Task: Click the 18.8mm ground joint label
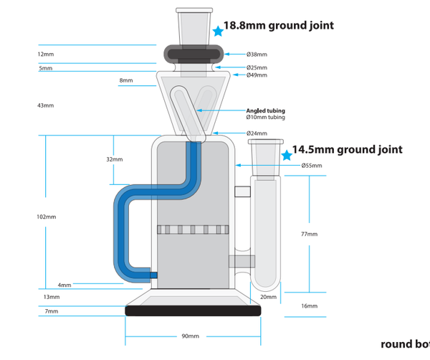278,26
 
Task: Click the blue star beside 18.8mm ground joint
218,31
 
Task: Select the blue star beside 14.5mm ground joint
287,155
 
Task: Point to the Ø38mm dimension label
257,55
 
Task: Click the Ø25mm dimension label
257,67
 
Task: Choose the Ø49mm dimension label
257,75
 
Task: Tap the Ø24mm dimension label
257,133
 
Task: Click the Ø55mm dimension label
312,166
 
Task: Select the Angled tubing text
266,110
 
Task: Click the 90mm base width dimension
191,336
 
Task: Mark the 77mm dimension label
309,234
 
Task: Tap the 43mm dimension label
45,105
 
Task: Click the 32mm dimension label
114,159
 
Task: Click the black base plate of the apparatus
193,311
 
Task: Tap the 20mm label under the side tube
267,296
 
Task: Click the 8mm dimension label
126,81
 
